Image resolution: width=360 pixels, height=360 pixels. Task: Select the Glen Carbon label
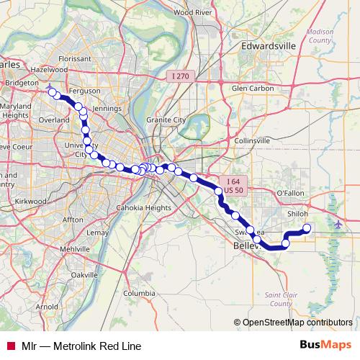(251, 89)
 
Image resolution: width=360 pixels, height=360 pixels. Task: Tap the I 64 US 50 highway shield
(233, 184)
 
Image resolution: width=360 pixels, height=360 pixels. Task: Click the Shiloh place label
(297, 214)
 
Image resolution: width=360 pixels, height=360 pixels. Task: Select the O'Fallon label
(291, 194)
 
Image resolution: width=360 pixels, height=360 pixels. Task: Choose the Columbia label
(139, 293)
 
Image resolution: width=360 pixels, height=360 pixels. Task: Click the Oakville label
(84, 275)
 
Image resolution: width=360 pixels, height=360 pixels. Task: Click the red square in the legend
(11, 346)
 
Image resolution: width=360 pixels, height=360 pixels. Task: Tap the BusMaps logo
(326, 346)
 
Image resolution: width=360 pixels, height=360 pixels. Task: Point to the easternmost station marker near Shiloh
(307, 228)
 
